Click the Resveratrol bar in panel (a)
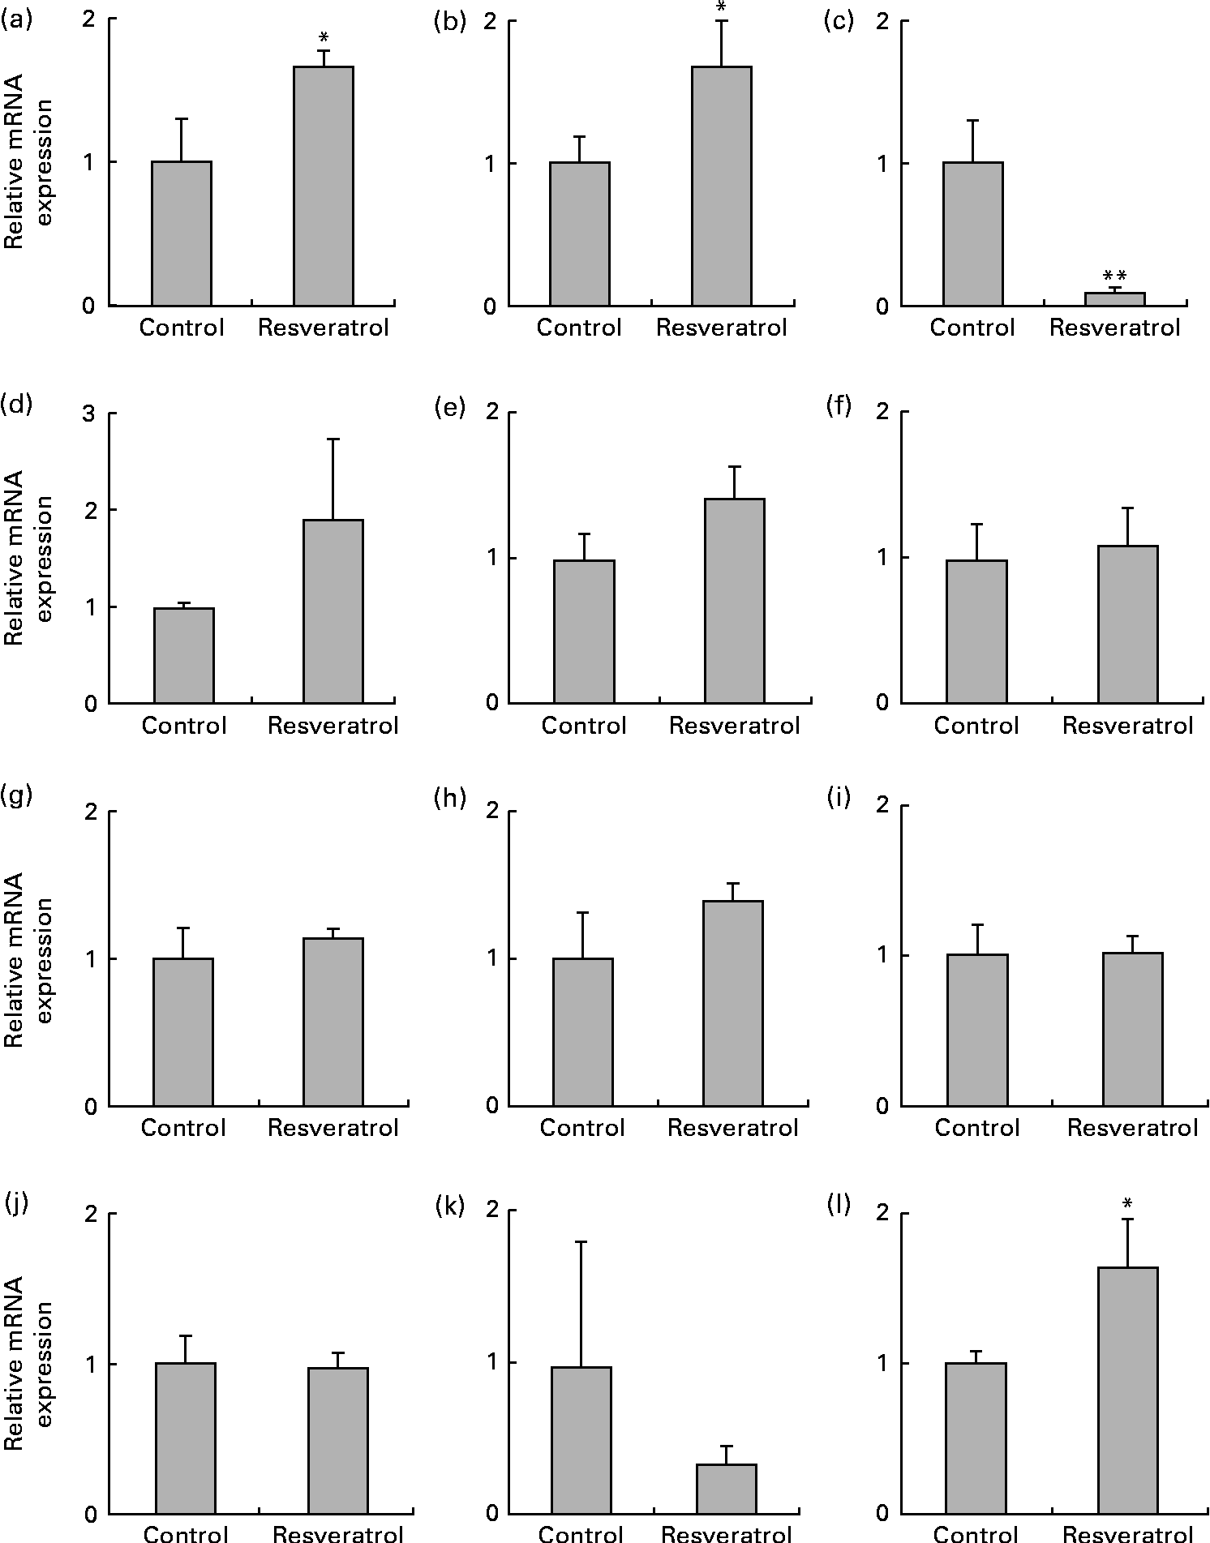tap(323, 186)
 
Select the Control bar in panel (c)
tap(972, 234)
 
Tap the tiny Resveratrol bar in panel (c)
tap(1114, 299)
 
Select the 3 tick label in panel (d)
tap(89, 415)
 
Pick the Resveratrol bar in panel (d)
tap(333, 611)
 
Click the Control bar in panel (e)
tap(584, 632)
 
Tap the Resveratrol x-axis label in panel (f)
tap(1127, 726)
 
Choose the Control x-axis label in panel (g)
tap(183, 1128)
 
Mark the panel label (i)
tap(837, 798)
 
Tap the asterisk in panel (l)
tap(1127, 1203)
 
